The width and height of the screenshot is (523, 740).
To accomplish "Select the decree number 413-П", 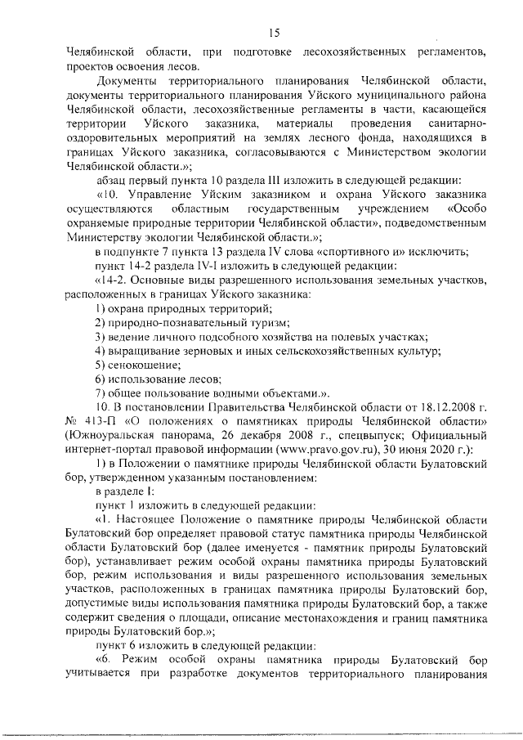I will pyautogui.click(x=101, y=421).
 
